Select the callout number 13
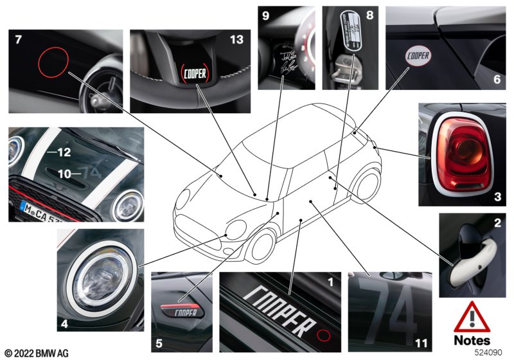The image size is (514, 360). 238,40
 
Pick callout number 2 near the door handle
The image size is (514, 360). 496,223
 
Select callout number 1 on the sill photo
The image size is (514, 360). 331,281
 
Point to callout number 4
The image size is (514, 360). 64,325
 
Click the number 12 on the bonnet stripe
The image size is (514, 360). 63,152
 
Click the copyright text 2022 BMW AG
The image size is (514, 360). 36,353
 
